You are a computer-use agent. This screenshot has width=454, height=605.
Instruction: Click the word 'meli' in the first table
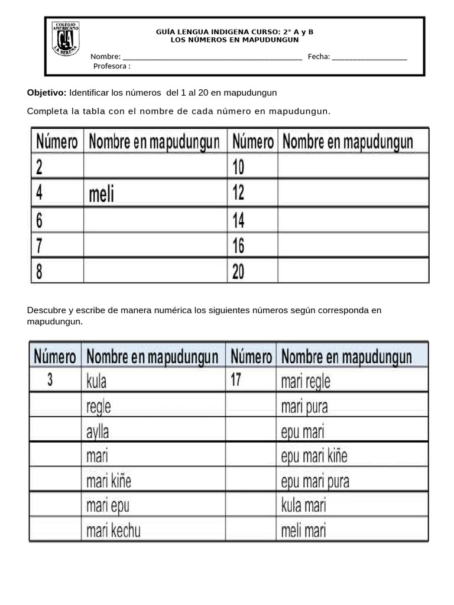[x=101, y=194]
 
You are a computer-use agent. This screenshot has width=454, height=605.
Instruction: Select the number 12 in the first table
[x=238, y=193]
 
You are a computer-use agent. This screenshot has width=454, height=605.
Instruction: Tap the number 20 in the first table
[x=238, y=271]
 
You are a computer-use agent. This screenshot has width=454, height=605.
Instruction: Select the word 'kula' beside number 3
[x=96, y=381]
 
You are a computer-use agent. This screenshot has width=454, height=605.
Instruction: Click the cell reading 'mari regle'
[x=306, y=381]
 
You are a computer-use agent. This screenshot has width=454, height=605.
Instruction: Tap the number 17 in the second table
[x=236, y=380]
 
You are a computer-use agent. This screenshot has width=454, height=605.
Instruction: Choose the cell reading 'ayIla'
[x=98, y=431]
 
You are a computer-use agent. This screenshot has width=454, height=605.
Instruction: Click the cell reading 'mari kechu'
[x=113, y=530]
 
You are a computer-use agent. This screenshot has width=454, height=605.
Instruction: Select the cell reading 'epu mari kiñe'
[x=314, y=456]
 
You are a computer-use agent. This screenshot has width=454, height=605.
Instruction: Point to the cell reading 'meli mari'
[x=303, y=530]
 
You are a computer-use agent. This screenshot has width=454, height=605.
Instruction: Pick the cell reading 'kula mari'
[x=303, y=505]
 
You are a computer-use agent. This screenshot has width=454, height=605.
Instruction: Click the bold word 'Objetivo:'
[x=47, y=93]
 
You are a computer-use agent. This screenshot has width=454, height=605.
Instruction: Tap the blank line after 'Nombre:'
[x=213, y=57]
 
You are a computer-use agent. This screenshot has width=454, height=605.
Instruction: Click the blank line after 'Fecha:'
[x=369, y=57]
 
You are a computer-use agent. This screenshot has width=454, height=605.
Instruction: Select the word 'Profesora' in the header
[x=110, y=66]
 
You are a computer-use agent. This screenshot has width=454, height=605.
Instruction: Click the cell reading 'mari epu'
[x=108, y=505]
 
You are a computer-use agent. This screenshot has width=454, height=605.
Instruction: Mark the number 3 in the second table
[x=50, y=380]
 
